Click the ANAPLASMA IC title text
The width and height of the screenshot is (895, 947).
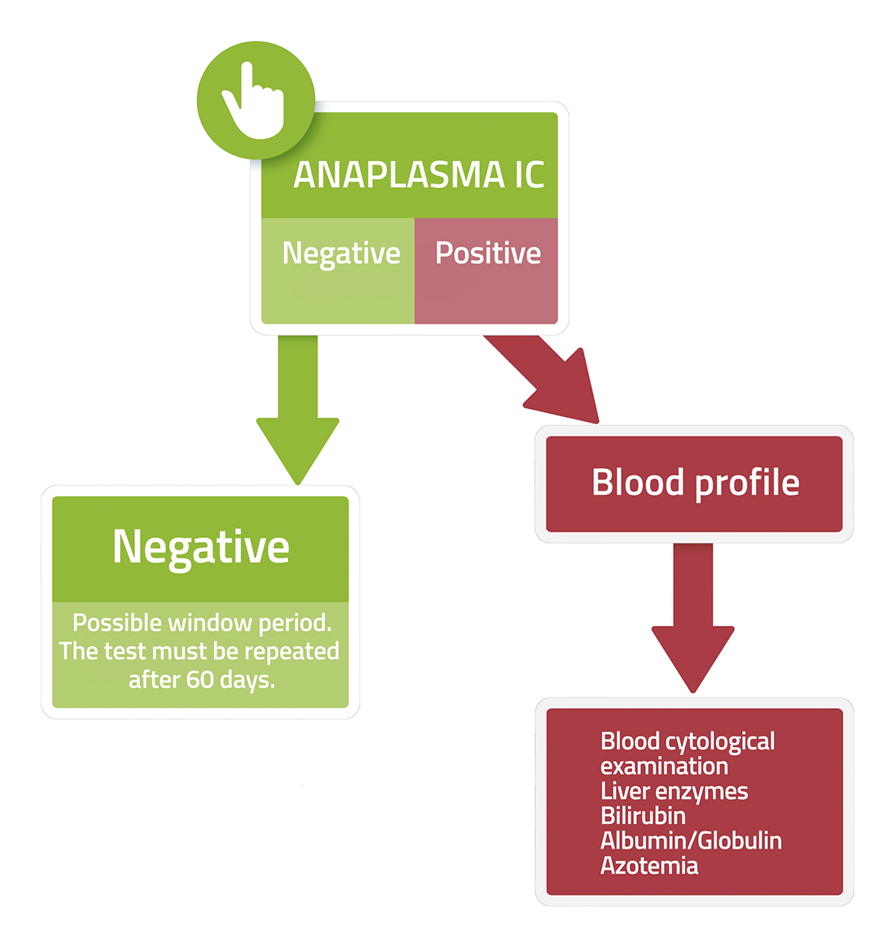click(x=419, y=175)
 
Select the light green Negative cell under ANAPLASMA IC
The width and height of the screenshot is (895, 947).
click(x=338, y=271)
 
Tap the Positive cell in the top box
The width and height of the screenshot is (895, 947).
click(x=487, y=271)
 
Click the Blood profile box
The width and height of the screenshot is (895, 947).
click(x=694, y=484)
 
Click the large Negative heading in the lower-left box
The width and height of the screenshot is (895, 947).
click(x=201, y=549)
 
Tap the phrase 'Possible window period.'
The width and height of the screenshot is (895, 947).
click(x=202, y=623)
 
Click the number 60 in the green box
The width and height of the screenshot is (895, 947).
click(x=200, y=680)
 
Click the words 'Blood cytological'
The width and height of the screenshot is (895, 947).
click(x=688, y=742)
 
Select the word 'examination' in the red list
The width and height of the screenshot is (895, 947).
click(x=664, y=767)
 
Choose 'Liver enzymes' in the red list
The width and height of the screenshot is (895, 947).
click(x=675, y=792)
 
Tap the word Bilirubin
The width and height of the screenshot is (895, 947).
click(x=643, y=816)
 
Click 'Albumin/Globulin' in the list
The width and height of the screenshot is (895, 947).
click(x=692, y=841)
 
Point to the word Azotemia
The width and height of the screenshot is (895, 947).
click(x=649, y=866)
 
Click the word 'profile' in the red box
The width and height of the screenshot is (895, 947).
click(x=748, y=484)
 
